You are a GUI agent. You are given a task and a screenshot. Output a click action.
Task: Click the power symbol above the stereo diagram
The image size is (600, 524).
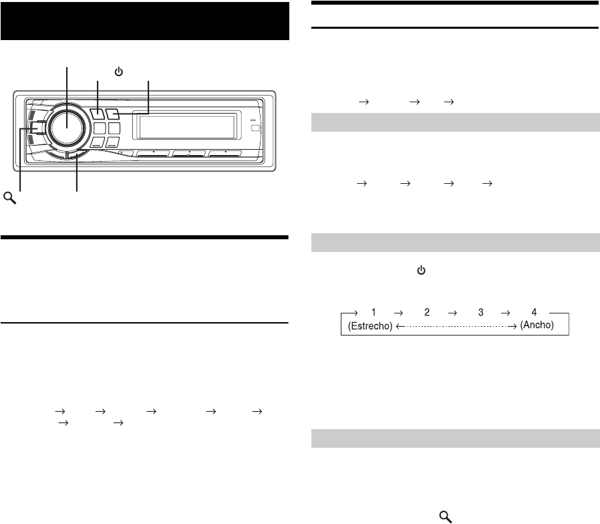[119, 72]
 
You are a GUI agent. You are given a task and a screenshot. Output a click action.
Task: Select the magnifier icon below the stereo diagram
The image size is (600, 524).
[10, 198]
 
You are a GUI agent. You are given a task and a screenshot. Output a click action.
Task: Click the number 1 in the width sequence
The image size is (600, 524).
[373, 312]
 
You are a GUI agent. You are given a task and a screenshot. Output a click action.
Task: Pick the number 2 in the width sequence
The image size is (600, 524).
[427, 312]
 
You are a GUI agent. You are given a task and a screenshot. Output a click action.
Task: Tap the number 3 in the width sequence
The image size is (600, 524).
[481, 312]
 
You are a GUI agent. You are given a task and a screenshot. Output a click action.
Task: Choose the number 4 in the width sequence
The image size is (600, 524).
[534, 312]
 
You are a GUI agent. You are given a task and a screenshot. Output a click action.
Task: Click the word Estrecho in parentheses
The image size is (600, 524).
[370, 326]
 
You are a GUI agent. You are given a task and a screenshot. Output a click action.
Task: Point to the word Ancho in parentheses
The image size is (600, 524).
[537, 325]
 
